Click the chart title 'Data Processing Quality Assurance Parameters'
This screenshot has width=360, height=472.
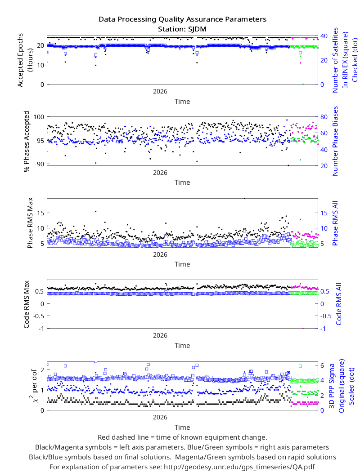pyautogui.click(x=183, y=19)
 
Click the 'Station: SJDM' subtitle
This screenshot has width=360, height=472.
pyautogui.click(x=182, y=29)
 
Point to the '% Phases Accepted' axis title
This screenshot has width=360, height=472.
pyautogui.click(x=27, y=141)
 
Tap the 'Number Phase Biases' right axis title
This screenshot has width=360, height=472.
pyautogui.click(x=335, y=141)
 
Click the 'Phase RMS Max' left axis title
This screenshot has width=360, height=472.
pyautogui.click(x=30, y=223)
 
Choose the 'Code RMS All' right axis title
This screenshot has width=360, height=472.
pyautogui.click(x=338, y=304)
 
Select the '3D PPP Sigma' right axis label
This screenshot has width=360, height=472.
pyautogui.click(x=332, y=386)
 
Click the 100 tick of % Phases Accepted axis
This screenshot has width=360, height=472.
pyautogui.click(x=39, y=117)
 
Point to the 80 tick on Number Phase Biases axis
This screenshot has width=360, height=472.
pyautogui.click(x=324, y=117)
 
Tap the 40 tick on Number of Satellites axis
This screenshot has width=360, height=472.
pyautogui.click(x=324, y=36)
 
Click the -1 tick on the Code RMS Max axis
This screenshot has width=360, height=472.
pyautogui.click(x=41, y=329)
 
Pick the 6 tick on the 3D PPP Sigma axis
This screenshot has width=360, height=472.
pyautogui.click(x=322, y=365)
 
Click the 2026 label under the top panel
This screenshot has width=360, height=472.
pyautogui.click(x=160, y=92)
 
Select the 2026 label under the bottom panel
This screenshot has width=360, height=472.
pyautogui.click(x=160, y=417)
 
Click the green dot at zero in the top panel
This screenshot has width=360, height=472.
pyautogui.click(x=303, y=85)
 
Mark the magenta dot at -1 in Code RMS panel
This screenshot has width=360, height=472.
pyautogui.click(x=303, y=329)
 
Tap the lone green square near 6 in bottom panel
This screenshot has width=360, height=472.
pyautogui.click(x=300, y=366)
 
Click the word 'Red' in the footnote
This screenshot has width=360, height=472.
pyautogui.click(x=103, y=437)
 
